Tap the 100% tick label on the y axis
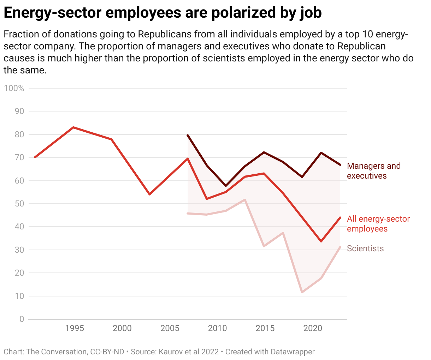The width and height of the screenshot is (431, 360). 14,88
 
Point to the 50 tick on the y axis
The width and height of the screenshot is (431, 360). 19,204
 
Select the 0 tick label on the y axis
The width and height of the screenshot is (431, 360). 22,319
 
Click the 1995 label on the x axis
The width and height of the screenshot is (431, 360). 75,328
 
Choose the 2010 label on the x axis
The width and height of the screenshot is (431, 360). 217,328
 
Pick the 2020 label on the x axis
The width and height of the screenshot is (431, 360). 313,328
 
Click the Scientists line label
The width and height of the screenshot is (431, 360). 365,248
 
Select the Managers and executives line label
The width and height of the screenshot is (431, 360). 374,171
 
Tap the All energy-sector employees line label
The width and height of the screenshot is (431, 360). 378,224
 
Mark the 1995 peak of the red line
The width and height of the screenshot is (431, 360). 73,127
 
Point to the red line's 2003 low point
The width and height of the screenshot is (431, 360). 150,194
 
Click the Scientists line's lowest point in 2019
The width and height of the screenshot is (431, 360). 302,292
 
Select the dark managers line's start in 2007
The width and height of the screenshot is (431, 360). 188,135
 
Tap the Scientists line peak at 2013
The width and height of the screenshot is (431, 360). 245,200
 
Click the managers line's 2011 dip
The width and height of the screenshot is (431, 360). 226,186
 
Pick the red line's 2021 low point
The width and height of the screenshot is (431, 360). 321,241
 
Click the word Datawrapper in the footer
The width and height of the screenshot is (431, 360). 293,352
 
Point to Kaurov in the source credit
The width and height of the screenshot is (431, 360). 171,352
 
